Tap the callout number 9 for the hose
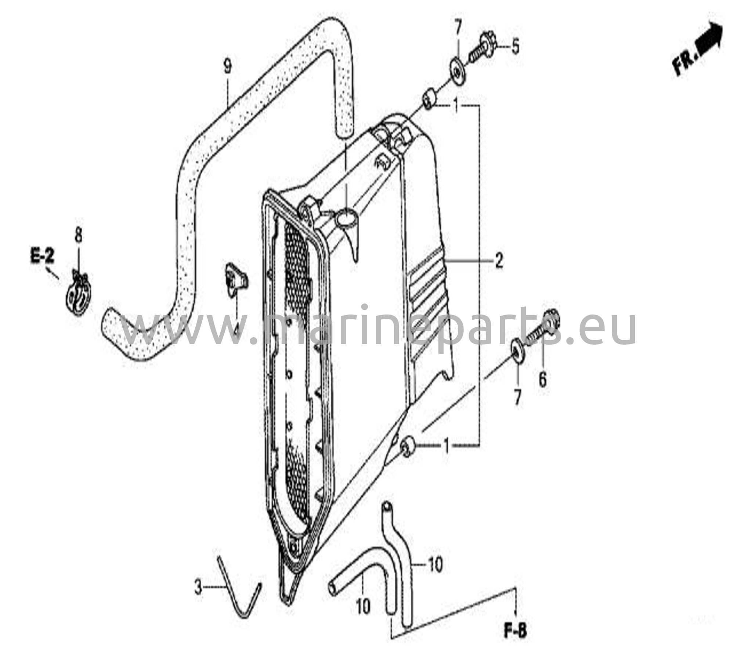[x=228, y=67]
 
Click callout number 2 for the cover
[x=499, y=261]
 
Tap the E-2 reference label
[x=42, y=256]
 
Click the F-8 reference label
[x=515, y=631]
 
